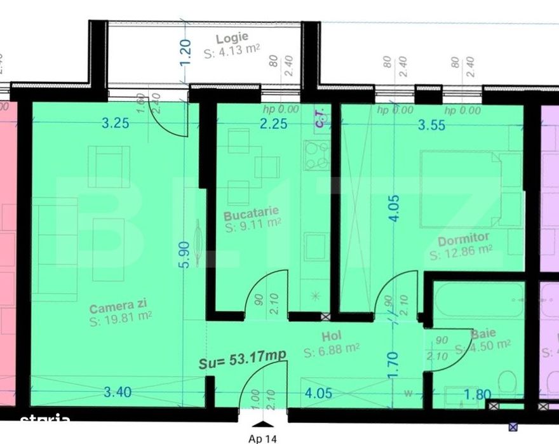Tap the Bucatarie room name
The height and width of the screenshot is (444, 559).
pyautogui.click(x=252, y=211)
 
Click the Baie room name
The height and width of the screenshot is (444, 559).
pyautogui.click(x=483, y=333)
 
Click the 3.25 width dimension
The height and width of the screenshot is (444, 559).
pyautogui.click(x=115, y=123)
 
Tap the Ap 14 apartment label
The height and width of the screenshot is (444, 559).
pyautogui.click(x=262, y=437)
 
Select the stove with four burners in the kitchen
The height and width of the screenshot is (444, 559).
pyautogui.click(x=316, y=156)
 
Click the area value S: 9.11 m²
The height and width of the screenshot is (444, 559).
pyautogui.click(x=253, y=223)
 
